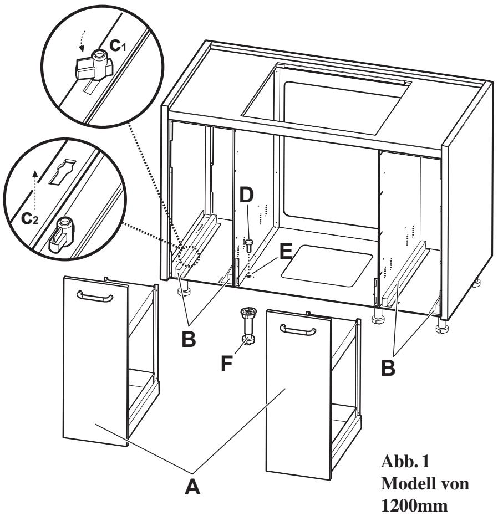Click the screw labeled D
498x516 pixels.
click(250, 245)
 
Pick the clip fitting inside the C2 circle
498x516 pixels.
click(64, 236)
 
